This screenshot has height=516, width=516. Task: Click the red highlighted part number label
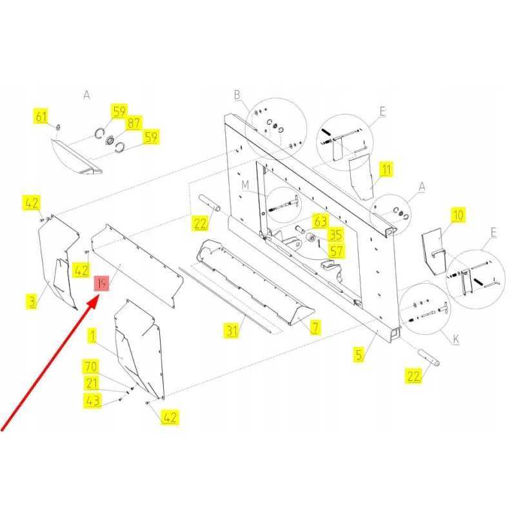pos(101,283)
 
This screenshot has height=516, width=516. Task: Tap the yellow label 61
pos(41,117)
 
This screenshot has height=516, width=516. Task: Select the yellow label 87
pos(134,123)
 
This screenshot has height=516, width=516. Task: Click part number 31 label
pos(232,331)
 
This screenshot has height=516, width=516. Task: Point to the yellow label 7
pos(315,328)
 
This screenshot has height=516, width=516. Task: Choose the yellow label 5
pos(359,355)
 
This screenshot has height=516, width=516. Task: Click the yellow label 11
pos(386,170)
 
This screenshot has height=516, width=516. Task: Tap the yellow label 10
pos(458,215)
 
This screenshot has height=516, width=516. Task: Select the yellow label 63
pos(320,221)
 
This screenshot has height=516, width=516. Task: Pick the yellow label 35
pos(335,235)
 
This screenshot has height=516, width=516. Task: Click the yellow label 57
pos(336,252)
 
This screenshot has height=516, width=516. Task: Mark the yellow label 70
pos(91,366)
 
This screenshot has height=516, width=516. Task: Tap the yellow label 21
pos(92,383)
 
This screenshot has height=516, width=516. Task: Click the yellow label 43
pos(92,401)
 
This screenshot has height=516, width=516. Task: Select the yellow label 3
pos(32,301)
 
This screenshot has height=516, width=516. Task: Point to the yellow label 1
pos(92,336)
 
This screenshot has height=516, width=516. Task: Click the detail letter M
pos(245,185)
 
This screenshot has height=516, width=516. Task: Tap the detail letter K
pos(456,339)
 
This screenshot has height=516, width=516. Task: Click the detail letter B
pos(237,95)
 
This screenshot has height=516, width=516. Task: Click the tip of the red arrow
pos(99,295)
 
